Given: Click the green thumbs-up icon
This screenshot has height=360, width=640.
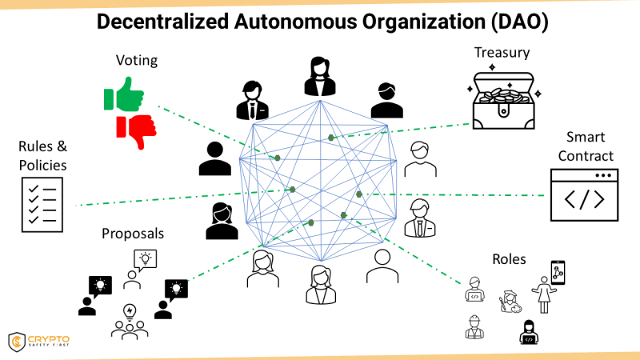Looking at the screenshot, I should coord(122,98).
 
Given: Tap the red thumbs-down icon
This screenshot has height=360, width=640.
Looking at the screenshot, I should coord(135,130).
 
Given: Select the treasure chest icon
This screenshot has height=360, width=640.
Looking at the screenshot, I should coord(502,100).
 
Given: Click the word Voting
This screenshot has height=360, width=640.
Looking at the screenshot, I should coord(137,60).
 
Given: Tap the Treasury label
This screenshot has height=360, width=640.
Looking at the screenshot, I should coord(502,54).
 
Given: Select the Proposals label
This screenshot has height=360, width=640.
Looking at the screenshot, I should coord(133,234).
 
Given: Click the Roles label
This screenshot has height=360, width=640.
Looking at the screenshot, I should coord(509,260).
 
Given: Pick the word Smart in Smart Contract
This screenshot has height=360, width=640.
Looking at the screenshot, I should coord(586,137).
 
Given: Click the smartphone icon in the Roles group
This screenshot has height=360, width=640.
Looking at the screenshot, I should coord(558,272).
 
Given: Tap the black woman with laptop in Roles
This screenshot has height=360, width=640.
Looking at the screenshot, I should coord(529,330).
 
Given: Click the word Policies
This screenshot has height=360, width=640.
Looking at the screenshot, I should coord(42,165).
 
